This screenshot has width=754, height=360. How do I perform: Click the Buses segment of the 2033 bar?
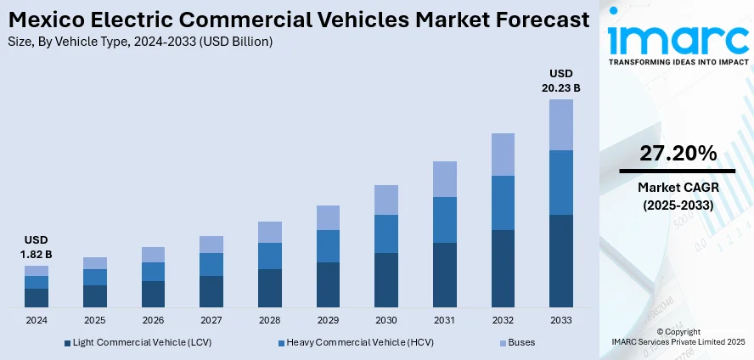coord(560,125)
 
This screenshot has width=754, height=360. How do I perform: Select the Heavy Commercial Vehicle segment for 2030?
coord(386,233)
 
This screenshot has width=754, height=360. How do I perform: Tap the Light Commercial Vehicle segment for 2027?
coord(211,291)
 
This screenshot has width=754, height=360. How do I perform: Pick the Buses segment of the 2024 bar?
coord(37,271)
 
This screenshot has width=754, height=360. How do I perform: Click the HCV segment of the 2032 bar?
coord(503,203)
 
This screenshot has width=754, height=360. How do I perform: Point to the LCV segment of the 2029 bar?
coord(328,284)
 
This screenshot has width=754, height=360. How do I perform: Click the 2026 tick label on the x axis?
coord(153,321)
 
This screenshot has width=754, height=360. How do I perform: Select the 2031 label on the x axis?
coord(444,321)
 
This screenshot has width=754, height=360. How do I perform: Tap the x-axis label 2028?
coord(269,321)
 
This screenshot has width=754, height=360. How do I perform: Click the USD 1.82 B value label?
coord(37,247)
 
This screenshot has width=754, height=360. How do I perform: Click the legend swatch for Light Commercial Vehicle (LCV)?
coord(68,343)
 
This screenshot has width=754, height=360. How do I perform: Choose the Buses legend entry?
coord(517,343)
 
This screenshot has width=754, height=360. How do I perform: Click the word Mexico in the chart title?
coord(41,20)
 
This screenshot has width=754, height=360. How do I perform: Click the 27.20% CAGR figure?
coord(678,154)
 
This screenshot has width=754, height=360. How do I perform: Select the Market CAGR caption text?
coord(678,186)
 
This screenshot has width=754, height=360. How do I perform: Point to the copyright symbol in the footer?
coord(660,331)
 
